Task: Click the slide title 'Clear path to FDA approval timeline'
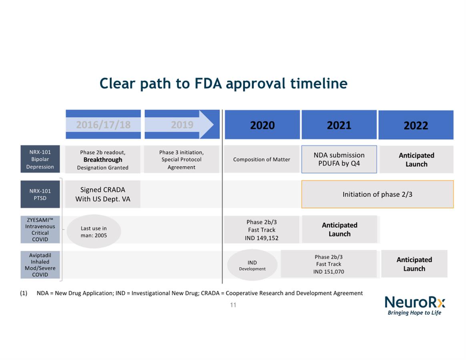pos(223,84)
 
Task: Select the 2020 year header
pos(262,125)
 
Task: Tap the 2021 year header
pos(339,125)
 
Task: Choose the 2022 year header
pos(416,125)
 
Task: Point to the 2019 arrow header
pos(182,124)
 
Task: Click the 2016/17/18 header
pos(103,124)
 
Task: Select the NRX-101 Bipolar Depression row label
pos(40,159)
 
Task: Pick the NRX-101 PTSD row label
pos(40,194)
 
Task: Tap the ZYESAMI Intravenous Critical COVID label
pos(40,230)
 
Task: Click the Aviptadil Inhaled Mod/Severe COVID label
pos(40,265)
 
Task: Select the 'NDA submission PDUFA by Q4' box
pos(339,159)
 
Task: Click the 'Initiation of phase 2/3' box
pos(378,194)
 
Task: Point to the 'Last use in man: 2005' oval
pos(94,231)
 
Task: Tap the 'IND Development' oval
pos(252,265)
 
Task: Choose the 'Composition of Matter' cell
pos(261,159)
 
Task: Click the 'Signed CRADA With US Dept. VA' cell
pos(102,194)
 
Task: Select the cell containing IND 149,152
pos(261,230)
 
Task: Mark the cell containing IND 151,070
pos(329,264)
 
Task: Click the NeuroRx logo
pos(415,305)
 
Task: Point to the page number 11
pos(233,305)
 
